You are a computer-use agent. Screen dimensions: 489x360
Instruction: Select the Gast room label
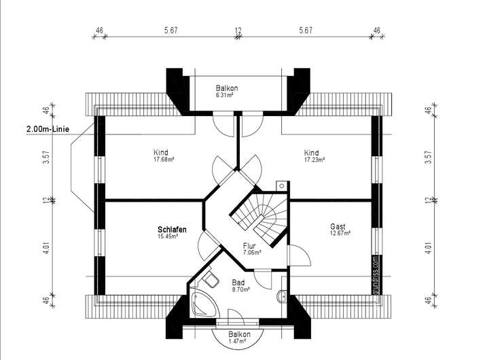tap(338, 226)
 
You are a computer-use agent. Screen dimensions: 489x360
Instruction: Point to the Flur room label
tap(249, 247)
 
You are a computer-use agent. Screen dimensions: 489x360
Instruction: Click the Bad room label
tap(238, 282)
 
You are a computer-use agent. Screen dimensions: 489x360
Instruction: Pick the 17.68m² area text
tap(164, 160)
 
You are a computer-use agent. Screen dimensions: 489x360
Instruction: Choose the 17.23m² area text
tap(314, 160)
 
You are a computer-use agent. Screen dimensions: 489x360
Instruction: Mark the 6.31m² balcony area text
tap(225, 96)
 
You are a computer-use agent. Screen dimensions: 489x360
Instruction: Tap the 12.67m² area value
tap(340, 234)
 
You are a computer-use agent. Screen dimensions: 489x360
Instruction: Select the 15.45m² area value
tap(168, 237)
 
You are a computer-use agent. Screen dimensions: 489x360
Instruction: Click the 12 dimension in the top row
tap(238, 30)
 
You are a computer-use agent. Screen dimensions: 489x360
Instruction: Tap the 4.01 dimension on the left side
tap(46, 248)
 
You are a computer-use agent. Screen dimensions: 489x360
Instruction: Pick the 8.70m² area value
tap(240, 289)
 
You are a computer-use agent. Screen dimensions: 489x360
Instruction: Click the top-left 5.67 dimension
tap(170, 30)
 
